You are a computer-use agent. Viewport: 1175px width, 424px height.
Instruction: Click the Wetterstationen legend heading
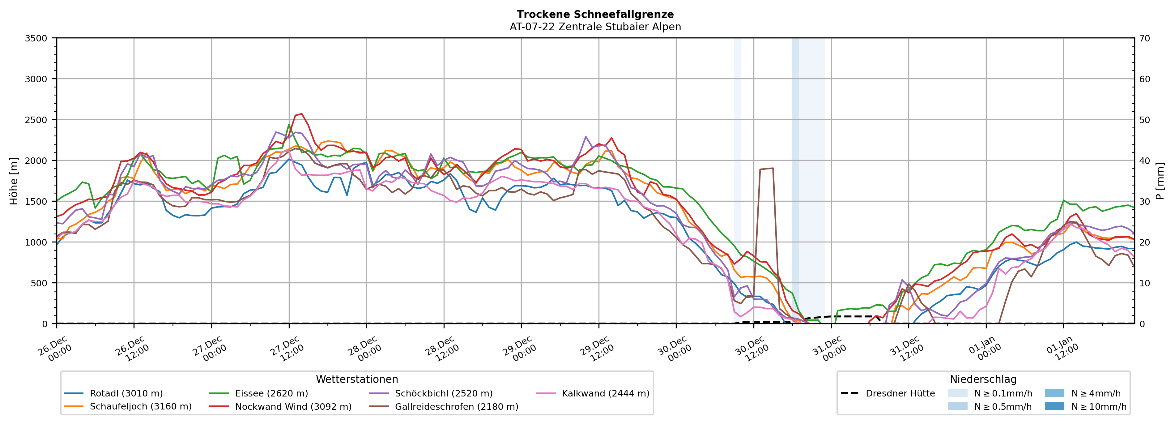(x=357, y=379)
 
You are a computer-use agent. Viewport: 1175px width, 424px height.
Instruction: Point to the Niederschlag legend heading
(x=983, y=379)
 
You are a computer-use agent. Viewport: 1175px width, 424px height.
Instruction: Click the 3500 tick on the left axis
(x=36, y=38)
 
